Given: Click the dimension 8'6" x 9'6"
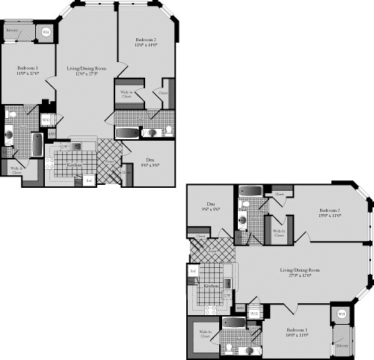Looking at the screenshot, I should [150, 165].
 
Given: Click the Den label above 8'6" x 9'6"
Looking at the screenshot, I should [150, 159].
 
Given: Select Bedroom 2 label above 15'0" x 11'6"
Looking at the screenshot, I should [329, 210].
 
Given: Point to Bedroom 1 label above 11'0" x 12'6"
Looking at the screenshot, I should [27, 67].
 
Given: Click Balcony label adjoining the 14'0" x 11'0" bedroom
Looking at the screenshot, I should [342, 346].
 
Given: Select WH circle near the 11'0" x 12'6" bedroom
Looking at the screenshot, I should [46, 32].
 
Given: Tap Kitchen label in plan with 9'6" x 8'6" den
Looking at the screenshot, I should [210, 286].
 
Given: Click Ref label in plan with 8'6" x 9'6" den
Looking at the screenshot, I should [88, 180].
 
